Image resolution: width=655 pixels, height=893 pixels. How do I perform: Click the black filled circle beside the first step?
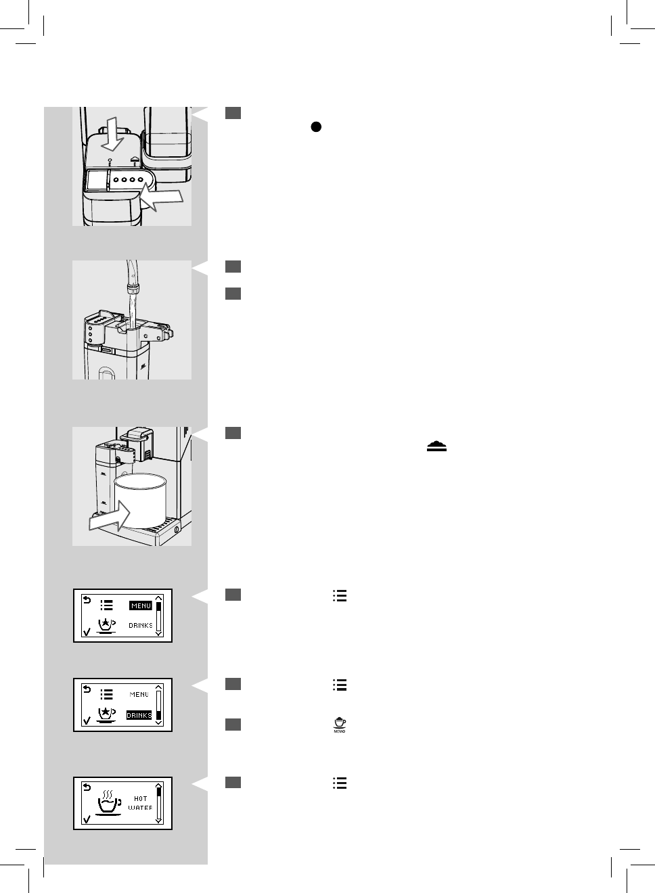(x=315, y=127)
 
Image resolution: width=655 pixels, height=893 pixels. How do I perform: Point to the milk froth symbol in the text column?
(x=436, y=446)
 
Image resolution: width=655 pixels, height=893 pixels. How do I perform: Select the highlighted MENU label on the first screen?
(x=141, y=605)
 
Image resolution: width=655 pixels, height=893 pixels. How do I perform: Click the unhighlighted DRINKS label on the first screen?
(x=141, y=626)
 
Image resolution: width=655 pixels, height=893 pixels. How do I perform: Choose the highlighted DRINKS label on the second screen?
(x=139, y=715)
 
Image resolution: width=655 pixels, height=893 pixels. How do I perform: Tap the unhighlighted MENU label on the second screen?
(x=139, y=695)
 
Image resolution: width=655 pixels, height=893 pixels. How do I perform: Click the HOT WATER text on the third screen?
(x=140, y=803)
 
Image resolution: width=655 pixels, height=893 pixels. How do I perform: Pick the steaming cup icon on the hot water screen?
(x=108, y=803)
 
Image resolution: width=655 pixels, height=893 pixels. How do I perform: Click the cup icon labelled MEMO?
(x=340, y=725)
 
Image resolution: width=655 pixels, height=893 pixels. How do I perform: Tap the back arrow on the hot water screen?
(x=86, y=787)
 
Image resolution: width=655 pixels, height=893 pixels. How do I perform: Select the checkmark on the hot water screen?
(x=86, y=819)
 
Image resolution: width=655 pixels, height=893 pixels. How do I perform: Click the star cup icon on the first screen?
(x=106, y=626)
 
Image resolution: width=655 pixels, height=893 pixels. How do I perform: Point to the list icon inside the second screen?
(x=106, y=694)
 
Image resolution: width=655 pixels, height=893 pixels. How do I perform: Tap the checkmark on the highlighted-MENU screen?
(x=86, y=632)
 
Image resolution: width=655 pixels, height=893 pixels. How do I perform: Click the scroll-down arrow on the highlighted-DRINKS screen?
(x=159, y=723)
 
